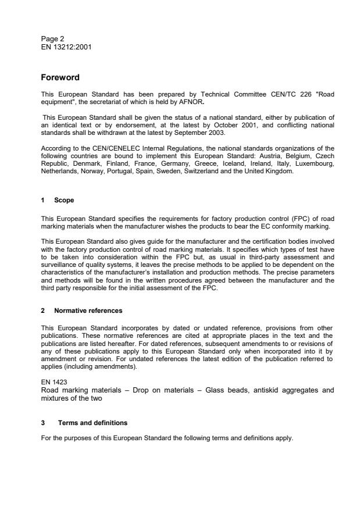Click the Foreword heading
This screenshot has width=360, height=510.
pos(60,77)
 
